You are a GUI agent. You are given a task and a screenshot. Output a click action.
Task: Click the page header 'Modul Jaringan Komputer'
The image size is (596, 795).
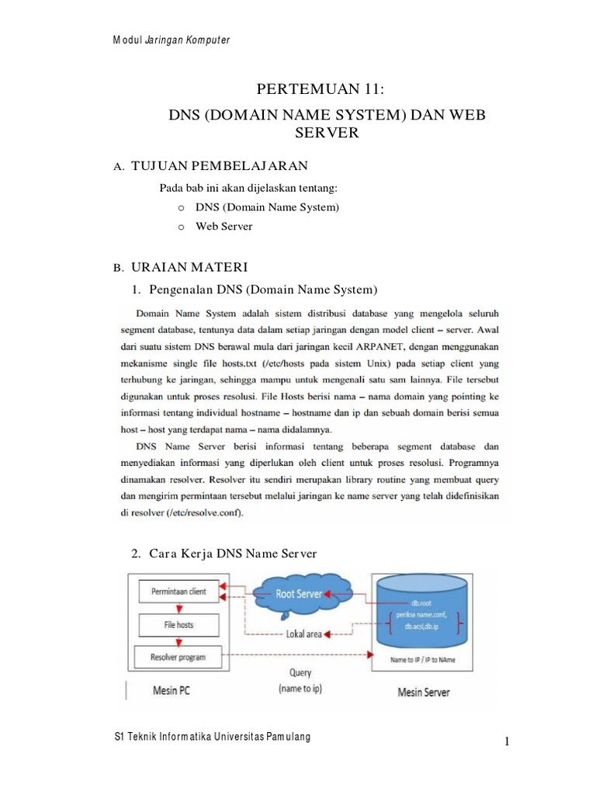click(172, 40)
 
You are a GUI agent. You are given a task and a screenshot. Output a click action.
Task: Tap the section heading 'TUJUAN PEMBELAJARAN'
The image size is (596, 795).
click(220, 165)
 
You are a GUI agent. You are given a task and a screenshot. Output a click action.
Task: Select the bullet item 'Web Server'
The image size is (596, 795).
click(224, 227)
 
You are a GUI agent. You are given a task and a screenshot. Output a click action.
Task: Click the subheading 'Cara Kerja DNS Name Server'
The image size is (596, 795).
click(233, 553)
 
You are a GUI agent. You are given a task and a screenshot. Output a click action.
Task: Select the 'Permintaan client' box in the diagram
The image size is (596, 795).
click(178, 592)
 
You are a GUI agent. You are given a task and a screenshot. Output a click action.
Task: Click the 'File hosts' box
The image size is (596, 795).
click(177, 624)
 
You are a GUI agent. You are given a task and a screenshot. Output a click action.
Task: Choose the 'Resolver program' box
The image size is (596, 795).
click(178, 658)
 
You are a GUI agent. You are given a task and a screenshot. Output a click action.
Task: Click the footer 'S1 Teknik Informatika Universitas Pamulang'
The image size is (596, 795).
click(212, 736)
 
